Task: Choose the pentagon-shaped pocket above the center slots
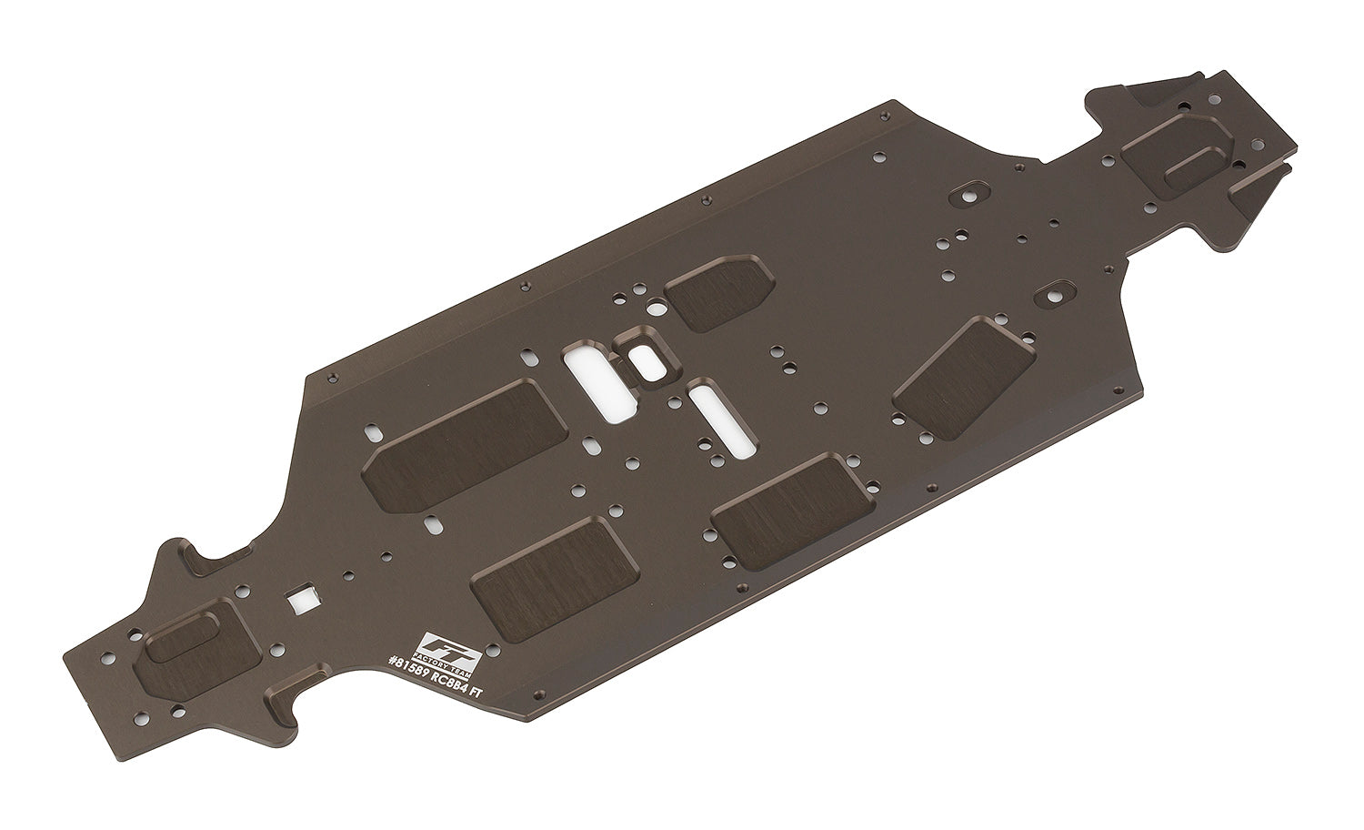[720, 292]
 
